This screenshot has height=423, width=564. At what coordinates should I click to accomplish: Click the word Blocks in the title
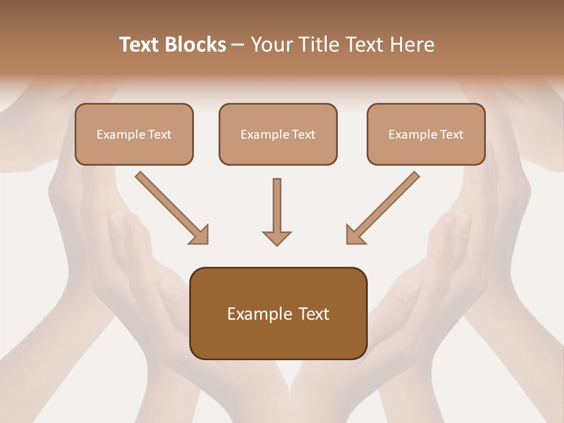196,45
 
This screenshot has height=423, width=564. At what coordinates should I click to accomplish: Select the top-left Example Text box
134,134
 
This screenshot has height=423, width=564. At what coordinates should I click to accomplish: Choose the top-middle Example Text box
278,134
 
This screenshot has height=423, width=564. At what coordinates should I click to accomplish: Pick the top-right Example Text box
426,134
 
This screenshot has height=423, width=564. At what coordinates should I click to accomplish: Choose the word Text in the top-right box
451,135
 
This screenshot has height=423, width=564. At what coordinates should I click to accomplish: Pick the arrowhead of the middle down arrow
277,237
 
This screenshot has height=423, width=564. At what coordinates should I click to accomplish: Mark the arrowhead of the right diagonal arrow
355,235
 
